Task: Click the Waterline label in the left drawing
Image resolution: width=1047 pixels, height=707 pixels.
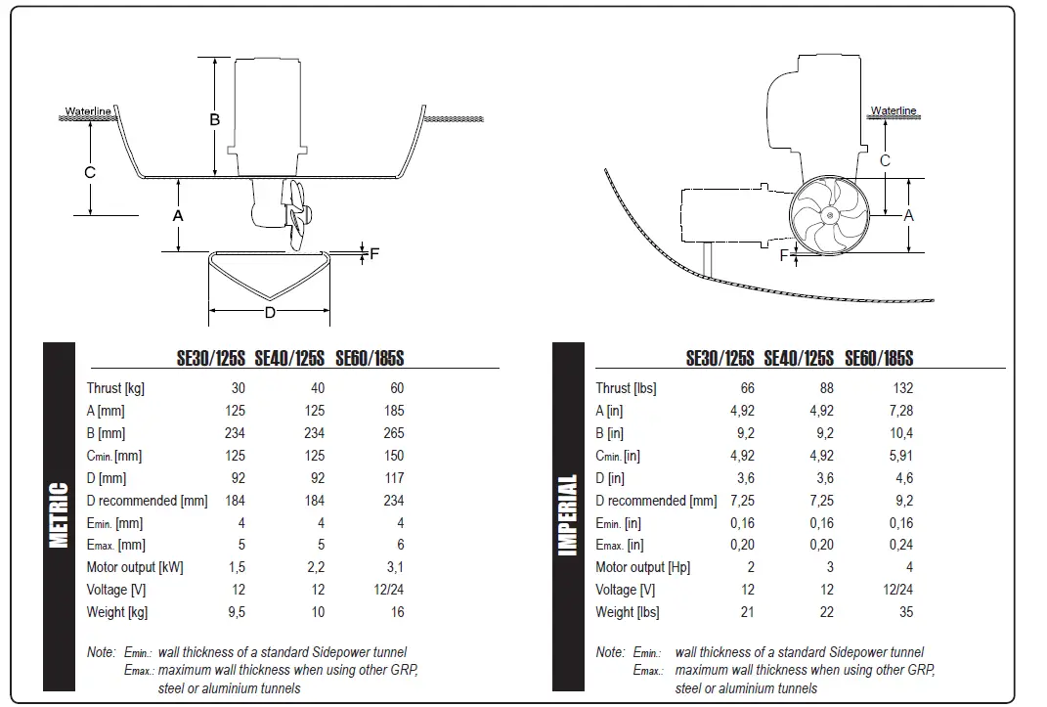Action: (87, 111)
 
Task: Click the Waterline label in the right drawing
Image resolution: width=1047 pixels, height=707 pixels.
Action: (893, 111)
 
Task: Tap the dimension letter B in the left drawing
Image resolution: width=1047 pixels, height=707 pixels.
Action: (215, 119)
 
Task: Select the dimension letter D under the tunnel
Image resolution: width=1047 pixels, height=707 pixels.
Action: (270, 313)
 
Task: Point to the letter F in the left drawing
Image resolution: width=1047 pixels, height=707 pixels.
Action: (373, 253)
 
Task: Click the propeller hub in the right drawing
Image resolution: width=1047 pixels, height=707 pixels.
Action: (829, 216)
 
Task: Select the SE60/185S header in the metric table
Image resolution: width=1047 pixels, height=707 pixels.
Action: (370, 359)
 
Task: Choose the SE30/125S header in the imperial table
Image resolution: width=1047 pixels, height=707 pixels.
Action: (720, 359)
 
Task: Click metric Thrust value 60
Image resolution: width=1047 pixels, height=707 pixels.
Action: (396, 388)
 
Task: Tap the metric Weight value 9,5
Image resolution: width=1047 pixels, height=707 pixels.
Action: (236, 612)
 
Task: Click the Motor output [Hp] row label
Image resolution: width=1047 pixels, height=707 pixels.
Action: (642, 567)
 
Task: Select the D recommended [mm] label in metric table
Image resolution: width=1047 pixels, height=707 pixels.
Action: (147, 501)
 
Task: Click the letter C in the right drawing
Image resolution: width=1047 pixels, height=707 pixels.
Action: (885, 161)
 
